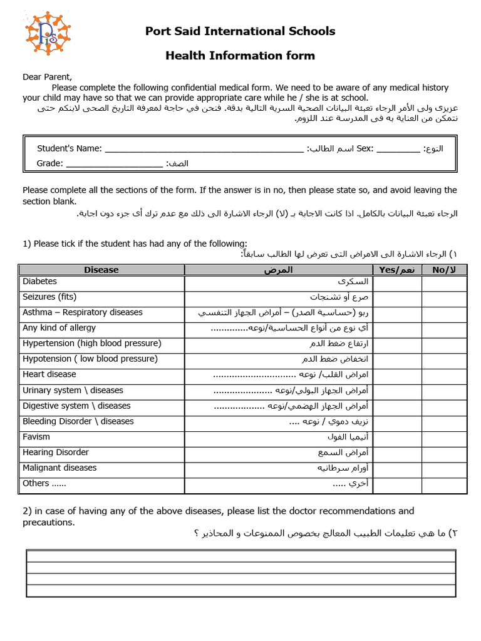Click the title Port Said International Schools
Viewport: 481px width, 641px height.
tap(240, 31)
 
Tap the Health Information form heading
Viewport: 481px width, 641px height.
tap(240, 56)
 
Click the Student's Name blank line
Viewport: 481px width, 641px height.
tap(204, 150)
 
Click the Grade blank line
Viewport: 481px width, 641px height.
tap(114, 165)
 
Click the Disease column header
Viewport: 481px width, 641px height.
tap(101, 270)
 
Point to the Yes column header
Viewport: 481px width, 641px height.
tap(397, 270)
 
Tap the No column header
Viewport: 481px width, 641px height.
tap(444, 270)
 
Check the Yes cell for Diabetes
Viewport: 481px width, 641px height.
tap(397, 284)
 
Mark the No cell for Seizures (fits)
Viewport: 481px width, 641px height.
tap(444, 299)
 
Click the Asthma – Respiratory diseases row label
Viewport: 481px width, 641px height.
tap(83, 312)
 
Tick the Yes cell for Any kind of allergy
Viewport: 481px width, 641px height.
tap(397, 330)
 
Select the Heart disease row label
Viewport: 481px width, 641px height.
tap(49, 374)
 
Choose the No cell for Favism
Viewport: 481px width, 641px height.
tap(444, 439)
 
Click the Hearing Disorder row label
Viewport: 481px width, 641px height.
tap(56, 453)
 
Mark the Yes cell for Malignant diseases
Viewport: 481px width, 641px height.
tap(397, 469)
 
